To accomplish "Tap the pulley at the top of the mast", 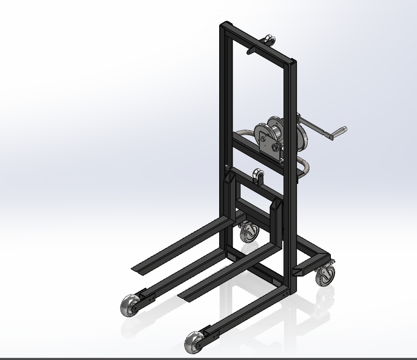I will (269, 41).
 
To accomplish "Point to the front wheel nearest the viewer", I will (195, 342).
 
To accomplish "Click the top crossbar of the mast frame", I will (259, 44).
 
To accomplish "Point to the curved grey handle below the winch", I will (304, 167).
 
